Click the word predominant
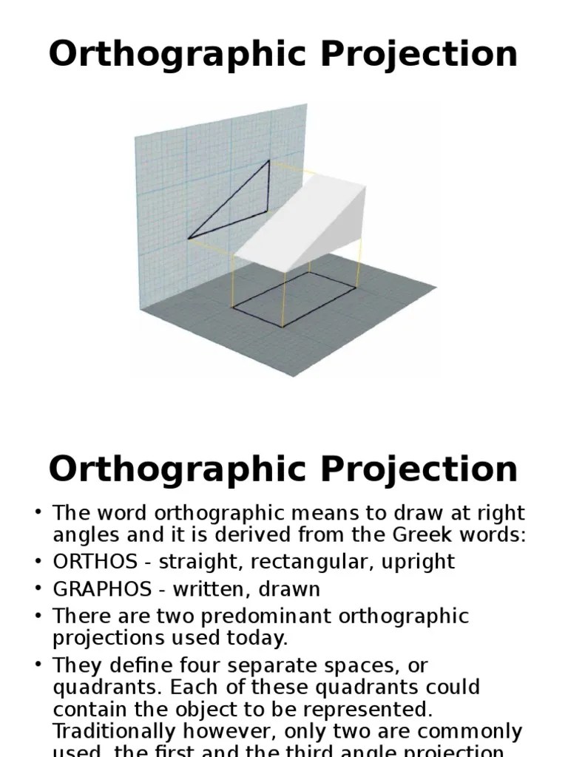point(254,616)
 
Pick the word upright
point(418,562)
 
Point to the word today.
point(259,638)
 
